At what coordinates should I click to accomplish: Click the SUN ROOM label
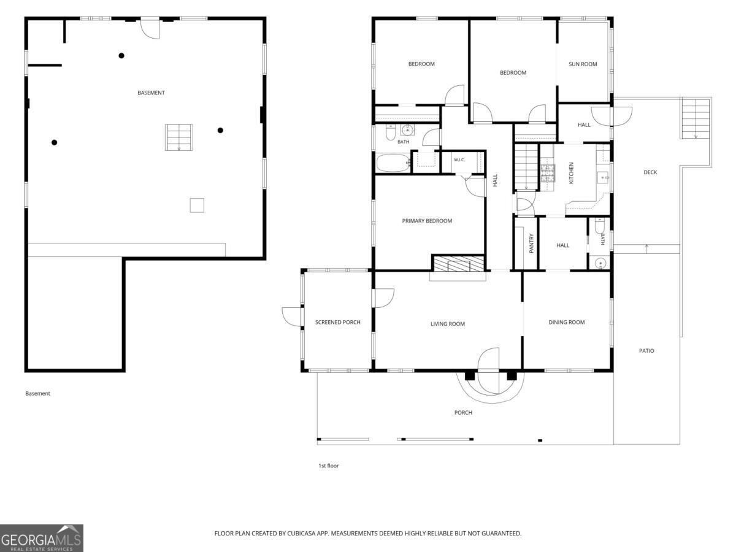pos(583,64)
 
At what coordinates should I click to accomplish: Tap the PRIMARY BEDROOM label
pos(427,221)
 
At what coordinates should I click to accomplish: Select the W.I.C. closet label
pos(459,160)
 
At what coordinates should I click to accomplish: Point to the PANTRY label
pos(531,243)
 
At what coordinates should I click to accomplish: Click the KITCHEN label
pos(572,173)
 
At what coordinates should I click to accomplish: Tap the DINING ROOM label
pos(566,322)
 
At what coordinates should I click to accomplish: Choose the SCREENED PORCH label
pos(338,322)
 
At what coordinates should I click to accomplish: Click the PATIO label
pos(646,351)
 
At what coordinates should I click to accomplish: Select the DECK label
pos(650,172)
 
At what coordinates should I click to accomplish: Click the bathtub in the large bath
pos(393,163)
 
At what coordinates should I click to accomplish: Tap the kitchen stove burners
pos(548,173)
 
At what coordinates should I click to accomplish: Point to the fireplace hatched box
pos(458,264)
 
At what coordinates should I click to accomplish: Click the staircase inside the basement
pos(178,137)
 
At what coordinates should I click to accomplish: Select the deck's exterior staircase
pos(696,118)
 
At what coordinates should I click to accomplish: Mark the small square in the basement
pos(197,205)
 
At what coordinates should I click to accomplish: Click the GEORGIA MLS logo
pos(42,538)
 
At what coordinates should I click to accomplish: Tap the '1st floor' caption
pos(328,466)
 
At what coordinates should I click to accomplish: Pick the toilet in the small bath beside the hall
pos(599,226)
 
